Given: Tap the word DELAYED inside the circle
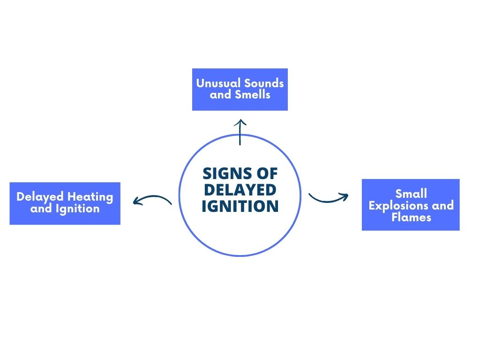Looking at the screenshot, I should (x=240, y=190).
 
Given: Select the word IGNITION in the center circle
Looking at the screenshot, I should (x=240, y=206).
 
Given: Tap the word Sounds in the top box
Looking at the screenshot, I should (x=262, y=83).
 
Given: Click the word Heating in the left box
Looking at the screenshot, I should (x=90, y=197).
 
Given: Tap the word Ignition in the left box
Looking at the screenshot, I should (x=78, y=209).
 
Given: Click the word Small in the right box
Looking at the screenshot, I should (x=411, y=194).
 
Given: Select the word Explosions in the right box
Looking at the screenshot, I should (x=398, y=206).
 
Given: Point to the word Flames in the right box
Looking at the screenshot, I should (x=411, y=217).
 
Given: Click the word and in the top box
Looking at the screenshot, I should (x=220, y=95).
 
